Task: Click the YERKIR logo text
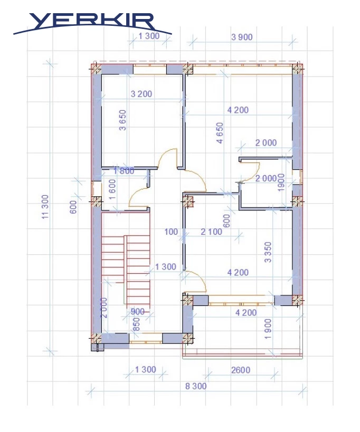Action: coord(91,21)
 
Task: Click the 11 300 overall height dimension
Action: coord(45,207)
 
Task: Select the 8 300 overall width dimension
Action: coord(196,386)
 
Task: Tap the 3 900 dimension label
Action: coord(242,37)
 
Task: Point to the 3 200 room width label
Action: coord(141,94)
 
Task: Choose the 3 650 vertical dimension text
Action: coord(122,120)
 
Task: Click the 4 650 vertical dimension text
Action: coord(220,133)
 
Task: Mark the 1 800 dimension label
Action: coord(124,171)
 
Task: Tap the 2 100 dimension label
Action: coord(212,232)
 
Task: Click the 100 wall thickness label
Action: coord(171,232)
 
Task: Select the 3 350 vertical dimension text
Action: coord(268,252)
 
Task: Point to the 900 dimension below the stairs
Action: coord(138,312)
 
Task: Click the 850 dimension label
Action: coord(136,324)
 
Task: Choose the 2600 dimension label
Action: coord(241,370)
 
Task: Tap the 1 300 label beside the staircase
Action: coord(165,267)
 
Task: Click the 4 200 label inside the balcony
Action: coord(246,313)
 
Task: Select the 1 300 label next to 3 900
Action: coord(149,36)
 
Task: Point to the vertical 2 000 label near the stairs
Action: coord(104,308)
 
